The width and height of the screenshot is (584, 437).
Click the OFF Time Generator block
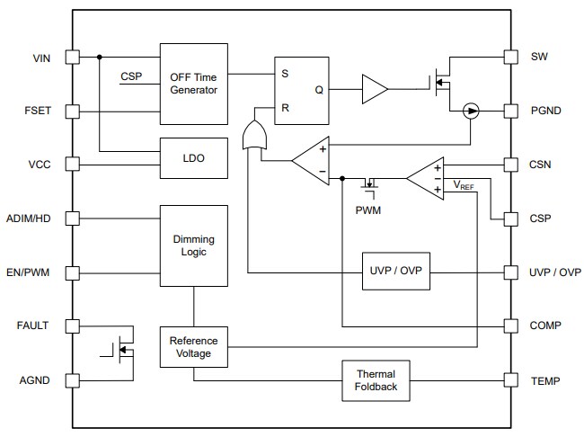(x=194, y=83)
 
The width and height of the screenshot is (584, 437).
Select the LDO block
(x=194, y=158)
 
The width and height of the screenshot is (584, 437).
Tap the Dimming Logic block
(x=194, y=245)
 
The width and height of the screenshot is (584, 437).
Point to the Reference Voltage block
(x=194, y=347)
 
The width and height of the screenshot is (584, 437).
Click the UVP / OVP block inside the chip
(x=395, y=272)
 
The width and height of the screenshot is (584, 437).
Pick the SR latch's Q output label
(x=319, y=90)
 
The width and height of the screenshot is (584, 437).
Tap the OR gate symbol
(x=256, y=136)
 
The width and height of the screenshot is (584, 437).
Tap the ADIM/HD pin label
(x=28, y=218)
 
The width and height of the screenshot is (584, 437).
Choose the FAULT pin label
(x=32, y=326)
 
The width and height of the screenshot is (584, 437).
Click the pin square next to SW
(x=511, y=58)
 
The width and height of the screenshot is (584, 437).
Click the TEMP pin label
(x=545, y=380)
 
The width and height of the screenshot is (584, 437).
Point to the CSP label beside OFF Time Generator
(x=132, y=76)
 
